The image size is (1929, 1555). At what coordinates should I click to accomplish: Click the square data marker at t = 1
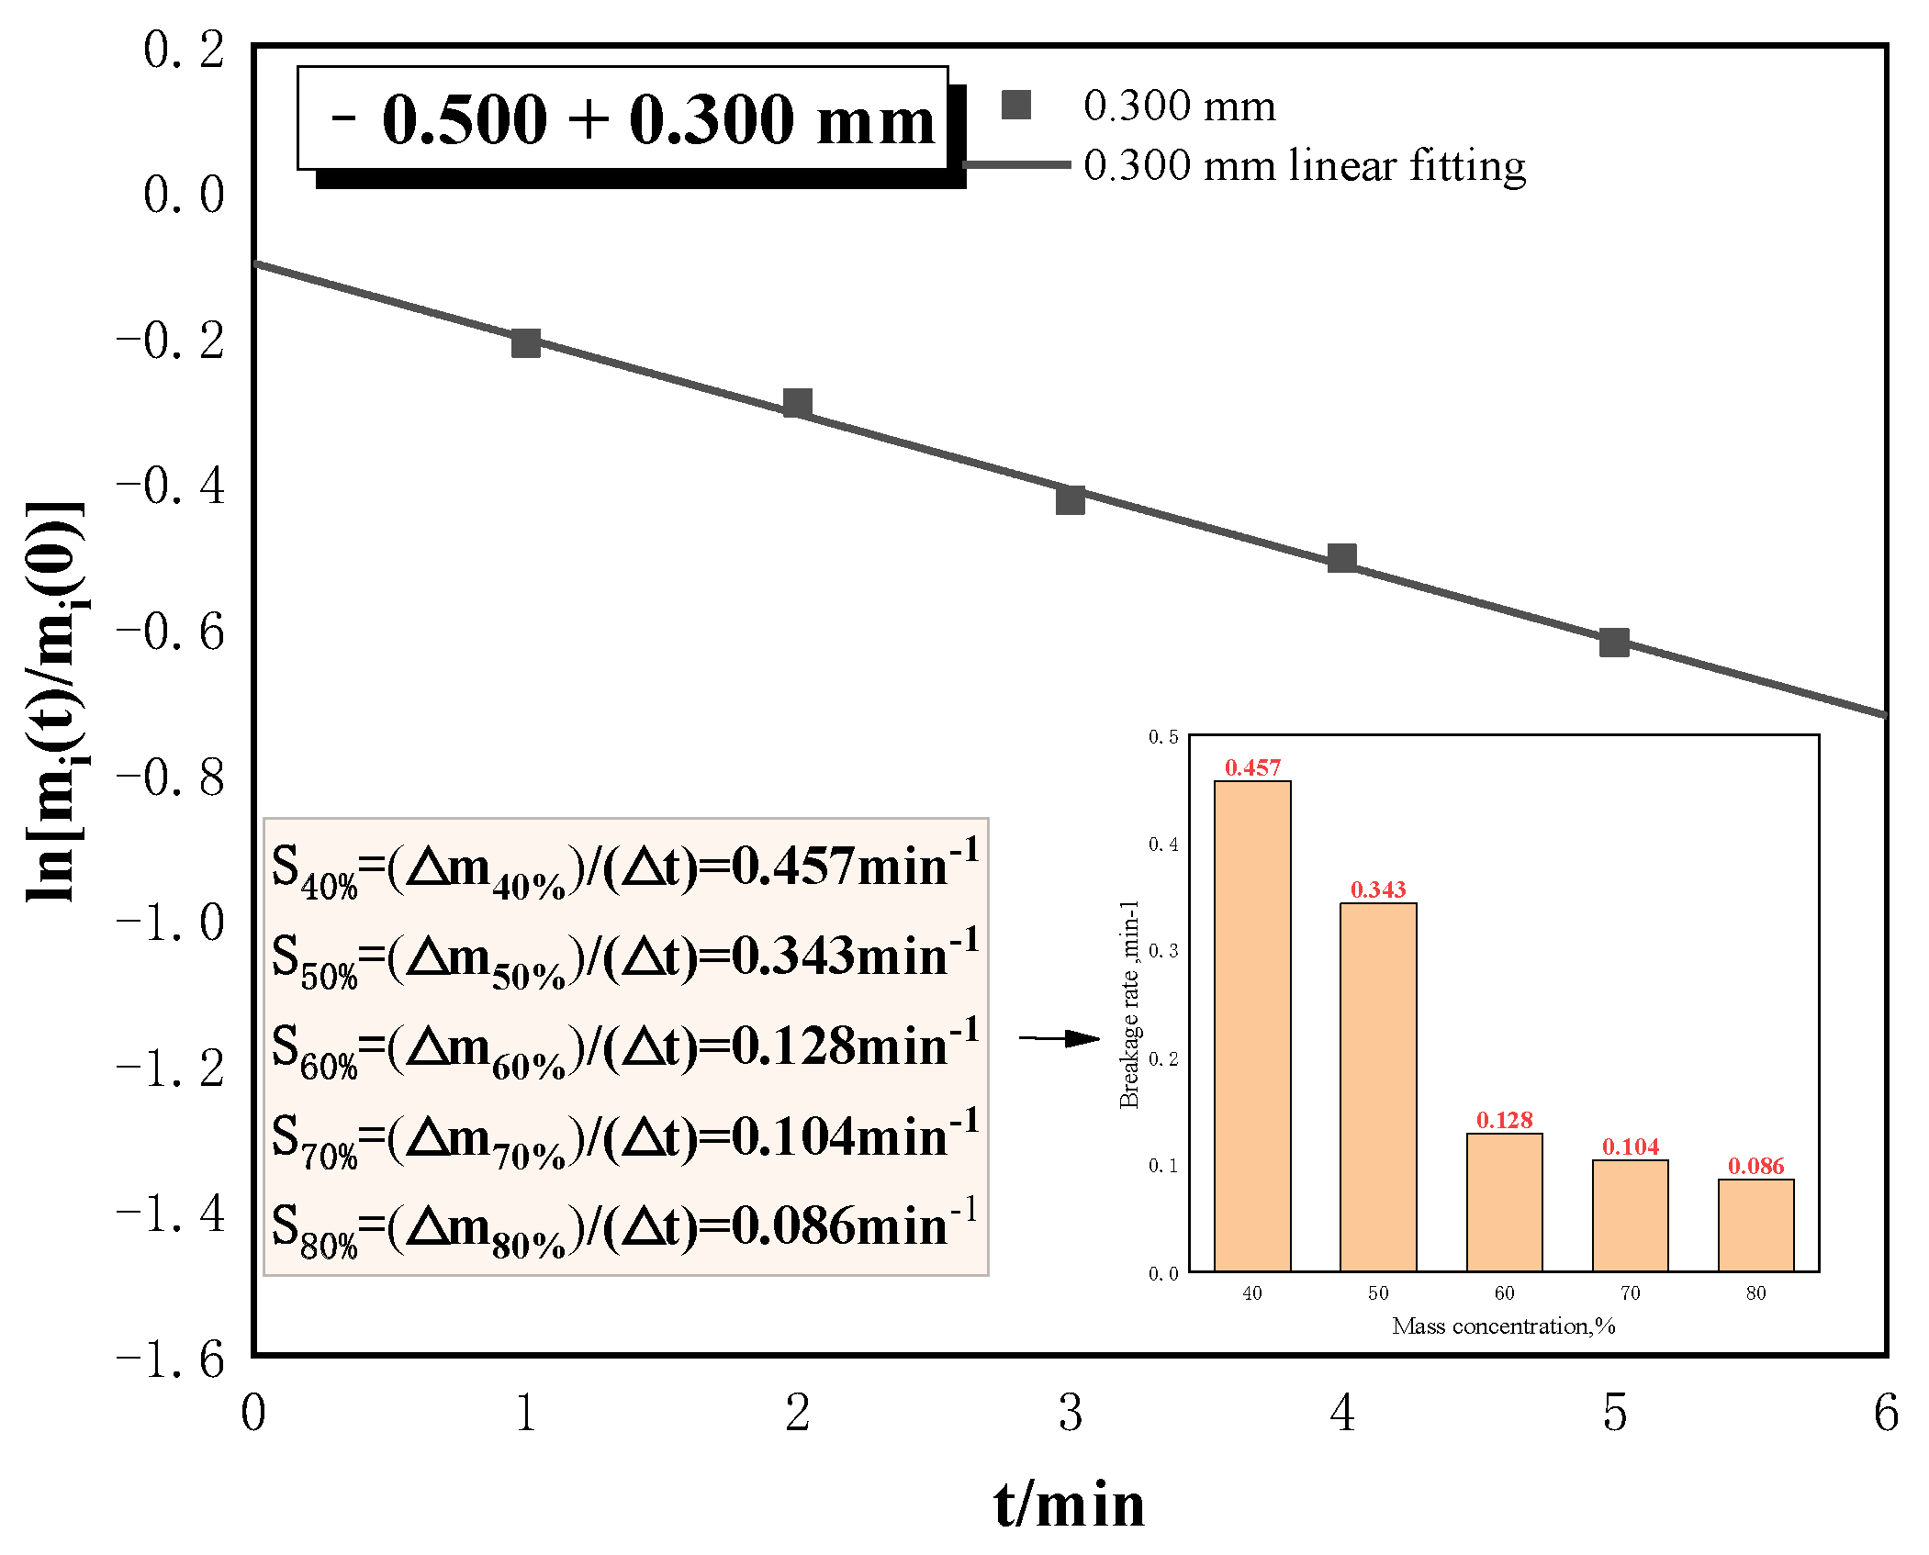coord(525,343)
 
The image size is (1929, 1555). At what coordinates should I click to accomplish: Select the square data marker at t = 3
coord(1070,500)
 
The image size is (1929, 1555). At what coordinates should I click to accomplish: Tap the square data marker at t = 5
coord(1614,643)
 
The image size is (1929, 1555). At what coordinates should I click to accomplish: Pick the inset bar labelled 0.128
coord(1504,1202)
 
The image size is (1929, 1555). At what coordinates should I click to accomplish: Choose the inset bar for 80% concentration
coord(1755,1225)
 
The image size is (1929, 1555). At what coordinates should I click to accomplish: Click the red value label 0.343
coord(1378,889)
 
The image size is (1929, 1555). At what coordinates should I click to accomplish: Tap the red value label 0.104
coord(1630,1147)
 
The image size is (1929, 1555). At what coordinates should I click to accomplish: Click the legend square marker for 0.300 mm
coord(1015,105)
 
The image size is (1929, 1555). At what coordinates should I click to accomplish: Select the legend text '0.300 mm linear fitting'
coord(1304,165)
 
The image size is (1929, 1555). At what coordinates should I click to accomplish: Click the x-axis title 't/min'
coord(1070,1505)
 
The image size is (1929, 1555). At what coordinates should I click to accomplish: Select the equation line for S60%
coord(624,1047)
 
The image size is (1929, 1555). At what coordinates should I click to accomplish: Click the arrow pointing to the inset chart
coord(1060,1038)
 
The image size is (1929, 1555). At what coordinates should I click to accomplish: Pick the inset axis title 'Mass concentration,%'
coord(1503,1326)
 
